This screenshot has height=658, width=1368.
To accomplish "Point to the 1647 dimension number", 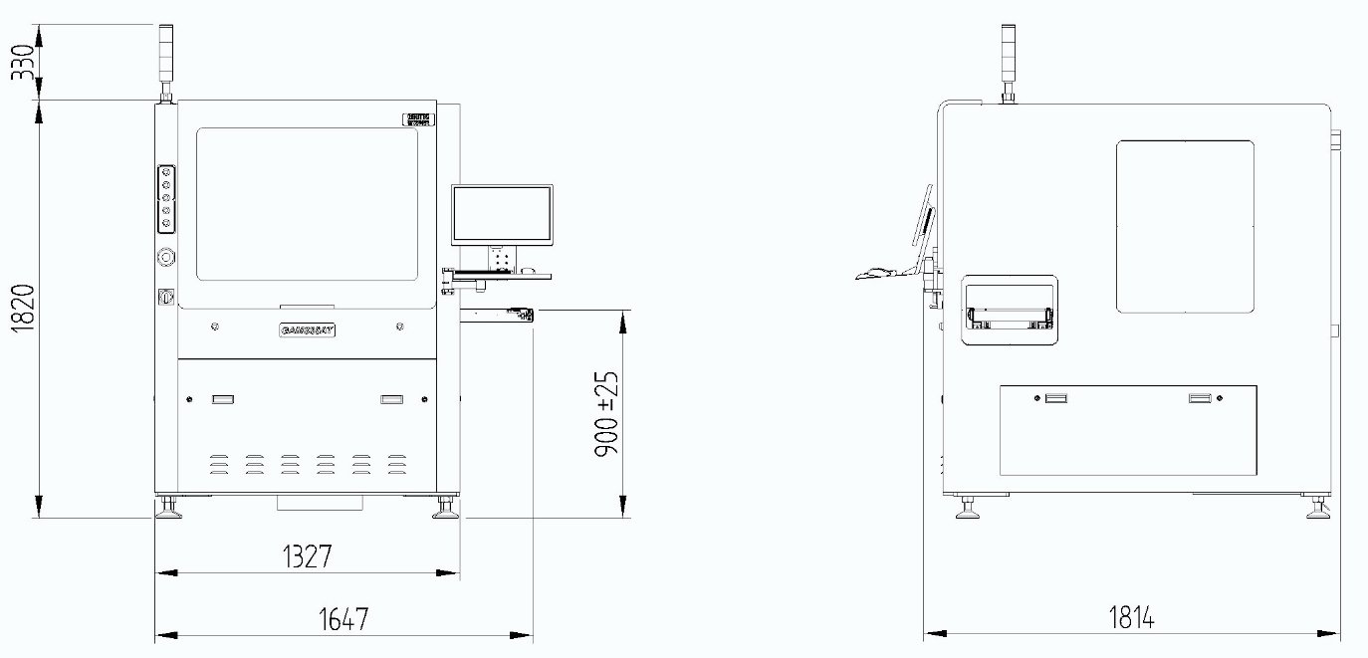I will pos(343,618).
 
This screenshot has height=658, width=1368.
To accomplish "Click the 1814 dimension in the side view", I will pos(1131,617).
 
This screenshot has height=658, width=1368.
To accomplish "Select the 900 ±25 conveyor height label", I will pos(606,414).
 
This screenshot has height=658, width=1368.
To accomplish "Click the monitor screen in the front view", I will pos(502,214).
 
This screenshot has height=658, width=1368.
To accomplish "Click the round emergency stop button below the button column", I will pos(166,257).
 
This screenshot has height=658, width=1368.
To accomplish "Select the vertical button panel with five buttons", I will pos(166,197).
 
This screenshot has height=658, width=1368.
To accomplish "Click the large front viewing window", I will pos(307,204).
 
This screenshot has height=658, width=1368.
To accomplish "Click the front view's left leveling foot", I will pos(168,510).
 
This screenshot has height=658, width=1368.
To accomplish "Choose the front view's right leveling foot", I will pos(445,510).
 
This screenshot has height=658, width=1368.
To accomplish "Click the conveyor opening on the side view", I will pos(1009,312).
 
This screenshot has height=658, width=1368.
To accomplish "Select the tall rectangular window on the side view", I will pos(1184,226).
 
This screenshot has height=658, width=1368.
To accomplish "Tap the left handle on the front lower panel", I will pos(223,399).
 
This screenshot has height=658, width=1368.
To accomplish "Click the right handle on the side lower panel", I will pos(1200,398).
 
